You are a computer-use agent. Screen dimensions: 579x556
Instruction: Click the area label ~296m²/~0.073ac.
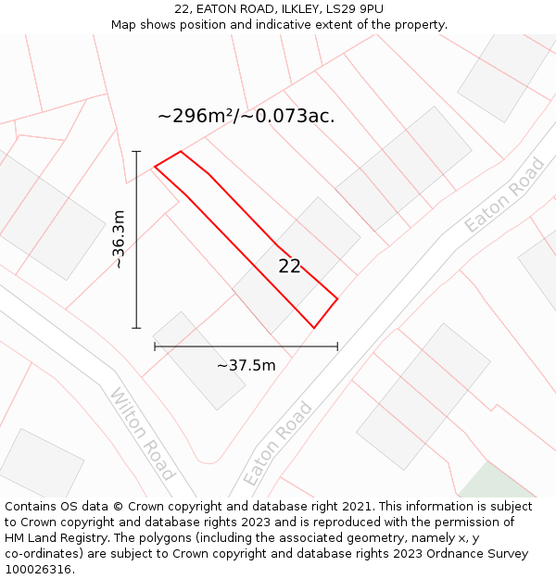click(246, 116)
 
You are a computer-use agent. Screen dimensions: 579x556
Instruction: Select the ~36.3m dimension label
click(119, 239)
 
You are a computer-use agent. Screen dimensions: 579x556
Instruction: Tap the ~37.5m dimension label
click(246, 365)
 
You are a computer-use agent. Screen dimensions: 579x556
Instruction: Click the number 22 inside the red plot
click(290, 266)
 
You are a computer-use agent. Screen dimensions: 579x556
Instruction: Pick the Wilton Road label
click(143, 434)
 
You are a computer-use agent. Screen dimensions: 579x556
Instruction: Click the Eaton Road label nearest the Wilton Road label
click(278, 444)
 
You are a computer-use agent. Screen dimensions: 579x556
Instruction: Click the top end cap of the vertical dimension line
click(136, 151)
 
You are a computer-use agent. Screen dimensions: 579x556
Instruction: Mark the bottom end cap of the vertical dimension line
click(136, 328)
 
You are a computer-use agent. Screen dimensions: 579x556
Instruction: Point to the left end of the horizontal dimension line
click(155, 346)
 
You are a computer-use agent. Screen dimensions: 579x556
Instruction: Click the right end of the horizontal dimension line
click(337, 346)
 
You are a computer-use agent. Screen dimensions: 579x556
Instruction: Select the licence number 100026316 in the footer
click(37, 569)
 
